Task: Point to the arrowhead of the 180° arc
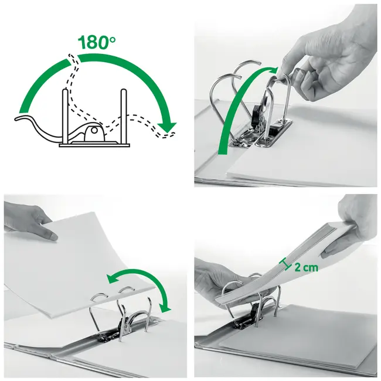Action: pyautogui.click(x=169, y=125)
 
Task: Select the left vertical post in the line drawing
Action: pyautogui.click(x=64, y=114)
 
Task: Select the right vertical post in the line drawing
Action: pyautogui.click(x=123, y=114)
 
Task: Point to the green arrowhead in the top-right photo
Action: pyautogui.click(x=275, y=71)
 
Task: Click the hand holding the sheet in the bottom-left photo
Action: pyautogui.click(x=29, y=223)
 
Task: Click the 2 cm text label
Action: pyautogui.click(x=305, y=267)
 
